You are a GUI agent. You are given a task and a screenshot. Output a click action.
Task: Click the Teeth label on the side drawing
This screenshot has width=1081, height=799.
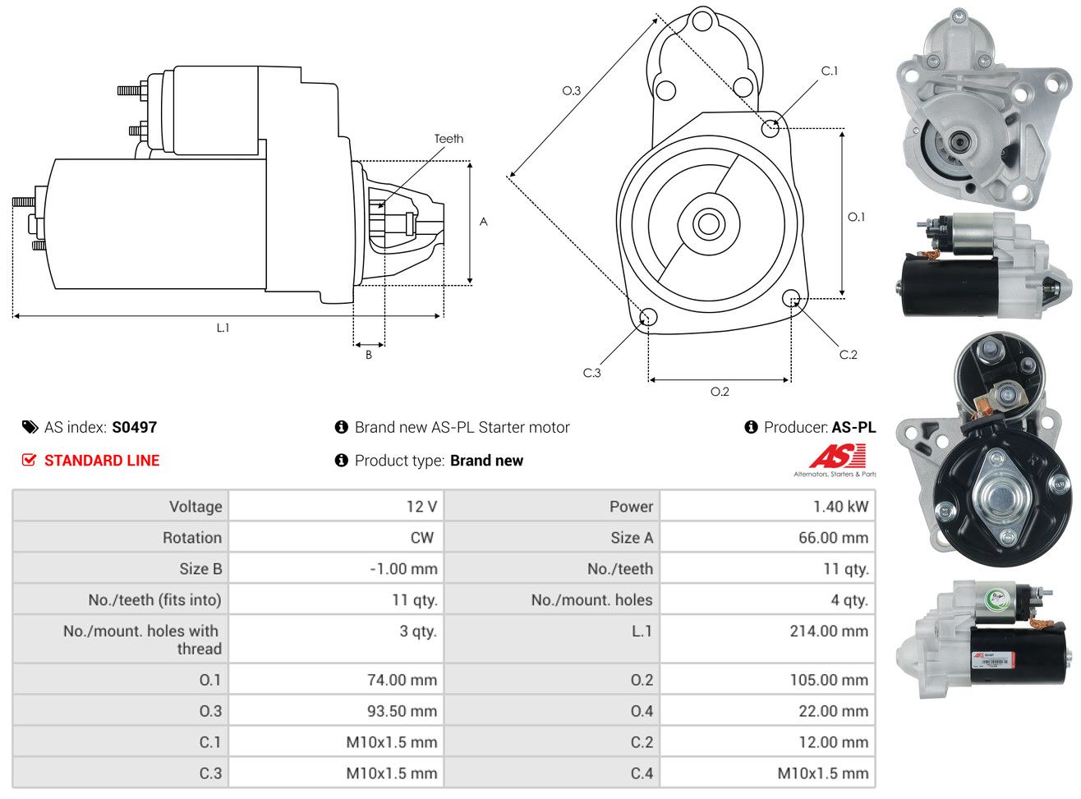point(448,139)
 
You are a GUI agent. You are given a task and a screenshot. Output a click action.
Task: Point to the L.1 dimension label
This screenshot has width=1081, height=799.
point(223,328)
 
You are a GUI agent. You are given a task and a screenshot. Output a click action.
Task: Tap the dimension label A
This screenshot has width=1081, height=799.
point(484,222)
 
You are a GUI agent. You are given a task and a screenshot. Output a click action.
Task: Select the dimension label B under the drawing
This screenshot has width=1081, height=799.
point(369,355)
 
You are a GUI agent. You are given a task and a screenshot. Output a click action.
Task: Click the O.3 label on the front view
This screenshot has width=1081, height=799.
point(571,90)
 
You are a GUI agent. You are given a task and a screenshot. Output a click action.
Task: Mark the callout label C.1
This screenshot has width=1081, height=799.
point(830,71)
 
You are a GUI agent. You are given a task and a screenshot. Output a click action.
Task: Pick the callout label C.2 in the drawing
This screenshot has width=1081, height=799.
point(848,355)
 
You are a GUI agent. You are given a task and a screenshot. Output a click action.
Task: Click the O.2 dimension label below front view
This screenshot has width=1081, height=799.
point(720,392)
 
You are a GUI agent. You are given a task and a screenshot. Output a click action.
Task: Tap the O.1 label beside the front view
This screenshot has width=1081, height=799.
point(856,217)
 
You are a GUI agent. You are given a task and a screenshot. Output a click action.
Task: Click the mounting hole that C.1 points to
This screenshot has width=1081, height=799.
point(770,127)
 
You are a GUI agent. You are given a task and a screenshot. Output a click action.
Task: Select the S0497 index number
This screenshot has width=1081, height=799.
point(134,427)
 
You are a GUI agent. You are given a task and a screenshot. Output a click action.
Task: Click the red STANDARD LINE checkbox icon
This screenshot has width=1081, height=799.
point(29,460)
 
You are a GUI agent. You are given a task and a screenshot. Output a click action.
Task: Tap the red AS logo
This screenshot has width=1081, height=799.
point(837,457)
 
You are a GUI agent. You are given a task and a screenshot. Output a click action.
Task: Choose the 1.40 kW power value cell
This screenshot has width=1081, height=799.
point(840,507)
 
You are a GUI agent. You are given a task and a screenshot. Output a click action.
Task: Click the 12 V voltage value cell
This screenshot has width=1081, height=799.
point(421,507)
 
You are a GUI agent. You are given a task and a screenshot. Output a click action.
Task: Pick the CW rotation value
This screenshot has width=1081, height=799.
point(421,538)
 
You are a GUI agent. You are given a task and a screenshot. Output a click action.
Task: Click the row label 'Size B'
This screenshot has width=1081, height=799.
point(200,569)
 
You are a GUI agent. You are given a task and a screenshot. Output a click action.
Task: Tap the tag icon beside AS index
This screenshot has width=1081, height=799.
point(30,427)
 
